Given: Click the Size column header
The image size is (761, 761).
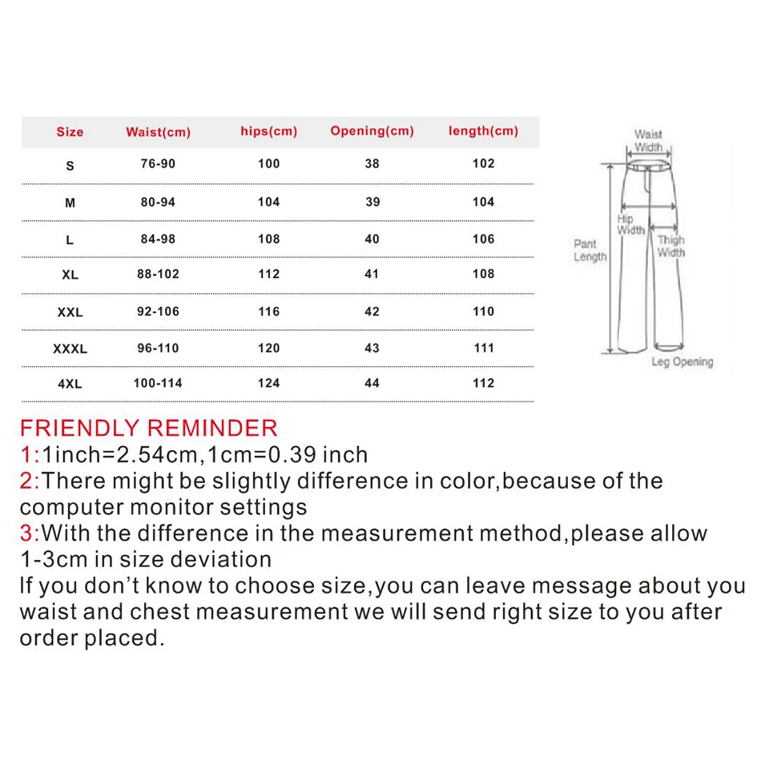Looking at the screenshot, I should [x=70, y=132].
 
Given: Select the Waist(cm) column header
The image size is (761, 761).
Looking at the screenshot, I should [x=158, y=132].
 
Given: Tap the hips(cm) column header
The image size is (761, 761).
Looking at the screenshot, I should [x=268, y=131].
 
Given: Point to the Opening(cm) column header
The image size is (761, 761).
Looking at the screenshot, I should [x=372, y=131].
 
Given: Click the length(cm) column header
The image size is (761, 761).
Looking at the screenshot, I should [x=483, y=131].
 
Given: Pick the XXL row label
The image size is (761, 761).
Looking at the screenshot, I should [x=70, y=312].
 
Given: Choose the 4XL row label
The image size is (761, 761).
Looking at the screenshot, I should [x=70, y=384].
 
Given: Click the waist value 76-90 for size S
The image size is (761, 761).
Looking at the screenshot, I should [x=158, y=164].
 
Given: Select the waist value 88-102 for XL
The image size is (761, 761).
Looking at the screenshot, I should [x=158, y=274].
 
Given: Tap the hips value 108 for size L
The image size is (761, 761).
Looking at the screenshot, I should [x=268, y=239].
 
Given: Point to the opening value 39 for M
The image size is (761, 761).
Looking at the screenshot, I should [x=372, y=202].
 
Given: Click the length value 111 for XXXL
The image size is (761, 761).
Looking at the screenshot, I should [x=483, y=348].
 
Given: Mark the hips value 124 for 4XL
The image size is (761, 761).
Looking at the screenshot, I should [x=268, y=383].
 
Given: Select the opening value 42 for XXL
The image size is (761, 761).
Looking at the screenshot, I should [x=372, y=312].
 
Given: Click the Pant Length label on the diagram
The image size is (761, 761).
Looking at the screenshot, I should [x=590, y=250].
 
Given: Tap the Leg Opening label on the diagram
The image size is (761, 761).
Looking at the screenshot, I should [x=682, y=362].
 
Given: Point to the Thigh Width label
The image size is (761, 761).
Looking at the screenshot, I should [x=671, y=246].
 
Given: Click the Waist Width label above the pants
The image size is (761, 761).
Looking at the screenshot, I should [x=648, y=141].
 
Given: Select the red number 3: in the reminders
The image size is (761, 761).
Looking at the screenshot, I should [x=30, y=534].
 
